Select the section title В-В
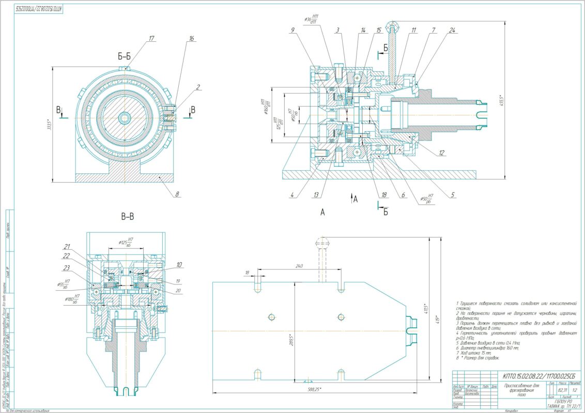click(x=128, y=217)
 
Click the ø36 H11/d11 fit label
click(x=312, y=19)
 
